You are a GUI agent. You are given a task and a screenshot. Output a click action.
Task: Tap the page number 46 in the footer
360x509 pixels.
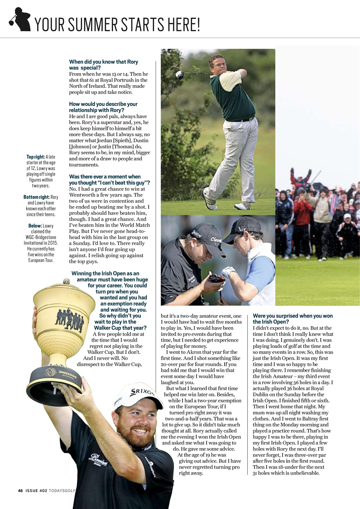coord(20,490)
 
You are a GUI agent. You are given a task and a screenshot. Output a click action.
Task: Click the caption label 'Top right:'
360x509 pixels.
coord(35,157)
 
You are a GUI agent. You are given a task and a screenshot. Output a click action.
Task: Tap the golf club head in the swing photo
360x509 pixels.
coord(179,74)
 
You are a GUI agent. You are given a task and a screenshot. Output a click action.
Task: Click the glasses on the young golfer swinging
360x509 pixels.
coord(220,65)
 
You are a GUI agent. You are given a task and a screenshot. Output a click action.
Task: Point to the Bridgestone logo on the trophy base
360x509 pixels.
coord(67,373)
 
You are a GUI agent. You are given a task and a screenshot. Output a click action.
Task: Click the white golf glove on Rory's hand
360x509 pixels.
coord(228,272)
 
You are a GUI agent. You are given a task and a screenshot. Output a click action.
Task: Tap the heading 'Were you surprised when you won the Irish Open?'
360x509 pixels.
coord(293,319)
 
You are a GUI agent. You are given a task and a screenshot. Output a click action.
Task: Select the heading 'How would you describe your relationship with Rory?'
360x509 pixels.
coord(103,107)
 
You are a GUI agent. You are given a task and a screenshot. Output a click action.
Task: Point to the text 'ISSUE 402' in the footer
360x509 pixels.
coord(36,490)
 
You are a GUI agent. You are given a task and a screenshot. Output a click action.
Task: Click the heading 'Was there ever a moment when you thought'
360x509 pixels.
coord(109,179)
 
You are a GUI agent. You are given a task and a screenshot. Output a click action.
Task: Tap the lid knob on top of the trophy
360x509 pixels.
coord(66,282)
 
